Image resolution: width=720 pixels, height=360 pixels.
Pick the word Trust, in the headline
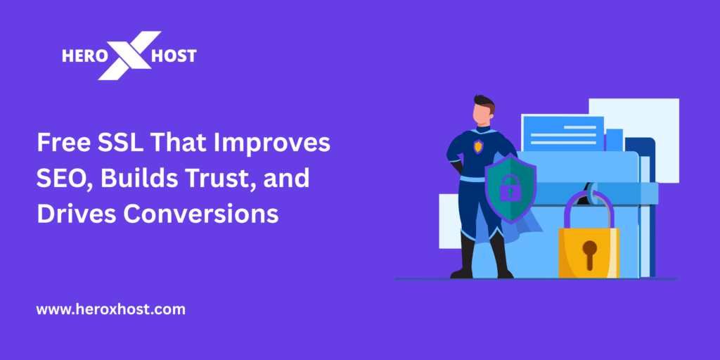pos(227,179)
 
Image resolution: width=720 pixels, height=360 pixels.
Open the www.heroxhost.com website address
pos(110,309)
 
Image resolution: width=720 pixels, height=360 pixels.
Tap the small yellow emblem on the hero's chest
pos(478,146)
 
